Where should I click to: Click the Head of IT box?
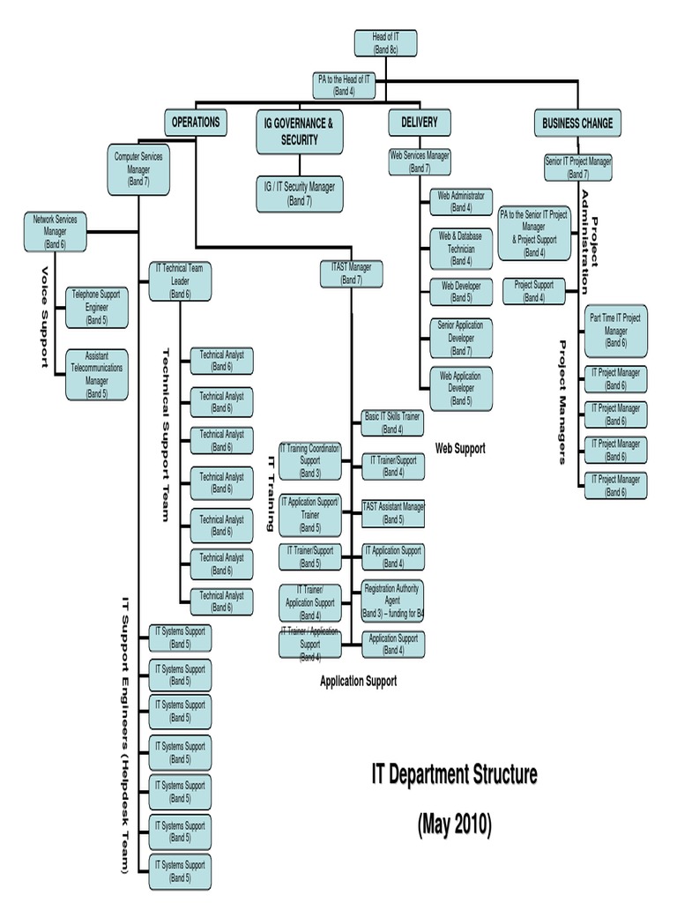click(x=385, y=43)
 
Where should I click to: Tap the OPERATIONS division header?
click(x=195, y=123)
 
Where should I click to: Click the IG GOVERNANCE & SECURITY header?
click(x=299, y=131)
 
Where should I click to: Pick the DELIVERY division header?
click(x=419, y=123)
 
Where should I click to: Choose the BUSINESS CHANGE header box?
click(x=577, y=123)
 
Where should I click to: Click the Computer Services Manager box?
click(x=138, y=169)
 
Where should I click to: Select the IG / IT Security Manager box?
click(x=299, y=194)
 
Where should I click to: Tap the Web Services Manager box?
click(x=420, y=161)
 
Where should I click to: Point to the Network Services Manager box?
click(x=56, y=231)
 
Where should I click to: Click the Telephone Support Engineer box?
click(x=97, y=307)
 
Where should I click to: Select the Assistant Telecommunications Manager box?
click(x=97, y=374)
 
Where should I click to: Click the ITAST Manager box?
click(x=352, y=273)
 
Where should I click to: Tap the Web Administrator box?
click(x=461, y=202)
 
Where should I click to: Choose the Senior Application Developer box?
click(x=461, y=338)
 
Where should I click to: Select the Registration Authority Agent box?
click(x=392, y=600)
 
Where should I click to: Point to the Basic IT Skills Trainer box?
click(x=392, y=422)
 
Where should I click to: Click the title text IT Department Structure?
click(x=454, y=776)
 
